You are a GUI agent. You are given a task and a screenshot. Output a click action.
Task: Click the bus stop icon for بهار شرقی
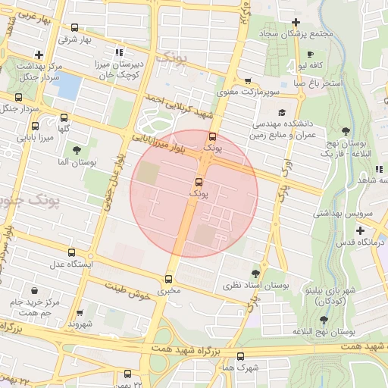[x=74, y=27]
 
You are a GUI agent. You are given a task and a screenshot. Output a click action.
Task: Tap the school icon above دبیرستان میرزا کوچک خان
[x=119, y=52]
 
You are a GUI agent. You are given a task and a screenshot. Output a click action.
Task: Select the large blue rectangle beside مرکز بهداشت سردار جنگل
[x=67, y=86]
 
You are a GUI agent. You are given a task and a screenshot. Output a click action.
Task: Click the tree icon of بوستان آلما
[x=77, y=150]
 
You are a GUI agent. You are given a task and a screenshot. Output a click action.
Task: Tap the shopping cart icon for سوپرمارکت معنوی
[x=248, y=81]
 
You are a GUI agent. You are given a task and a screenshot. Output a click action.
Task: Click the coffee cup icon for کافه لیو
[x=309, y=54]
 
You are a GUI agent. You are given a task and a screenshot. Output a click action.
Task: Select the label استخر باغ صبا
[x=319, y=82]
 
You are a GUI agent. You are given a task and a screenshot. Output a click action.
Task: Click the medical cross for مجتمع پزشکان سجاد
[x=296, y=23]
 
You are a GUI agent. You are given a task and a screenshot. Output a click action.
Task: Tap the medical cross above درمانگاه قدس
[x=359, y=230]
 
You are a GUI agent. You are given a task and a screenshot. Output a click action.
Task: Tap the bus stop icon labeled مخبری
[x=168, y=279]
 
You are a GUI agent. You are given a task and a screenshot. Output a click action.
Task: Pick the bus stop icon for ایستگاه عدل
[x=72, y=252]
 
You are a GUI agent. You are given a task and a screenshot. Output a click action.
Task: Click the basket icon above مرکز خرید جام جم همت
[x=35, y=290]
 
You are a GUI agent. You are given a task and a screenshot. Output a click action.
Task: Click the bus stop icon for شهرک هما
[x=240, y=356]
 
